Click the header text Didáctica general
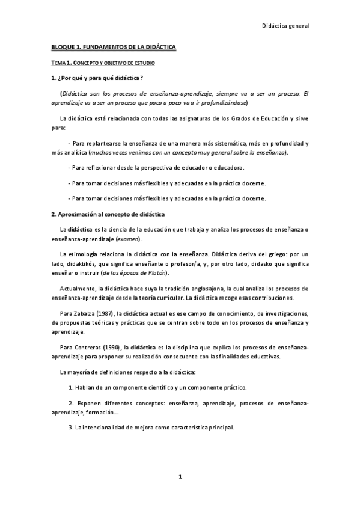coord(286,26)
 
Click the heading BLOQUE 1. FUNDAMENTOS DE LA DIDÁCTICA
coord(113,46)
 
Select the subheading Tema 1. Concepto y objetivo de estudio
coord(104,63)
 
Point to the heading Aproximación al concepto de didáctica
coord(111,214)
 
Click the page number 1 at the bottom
coord(180,476)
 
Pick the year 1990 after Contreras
coord(111,348)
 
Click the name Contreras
coord(87,348)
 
